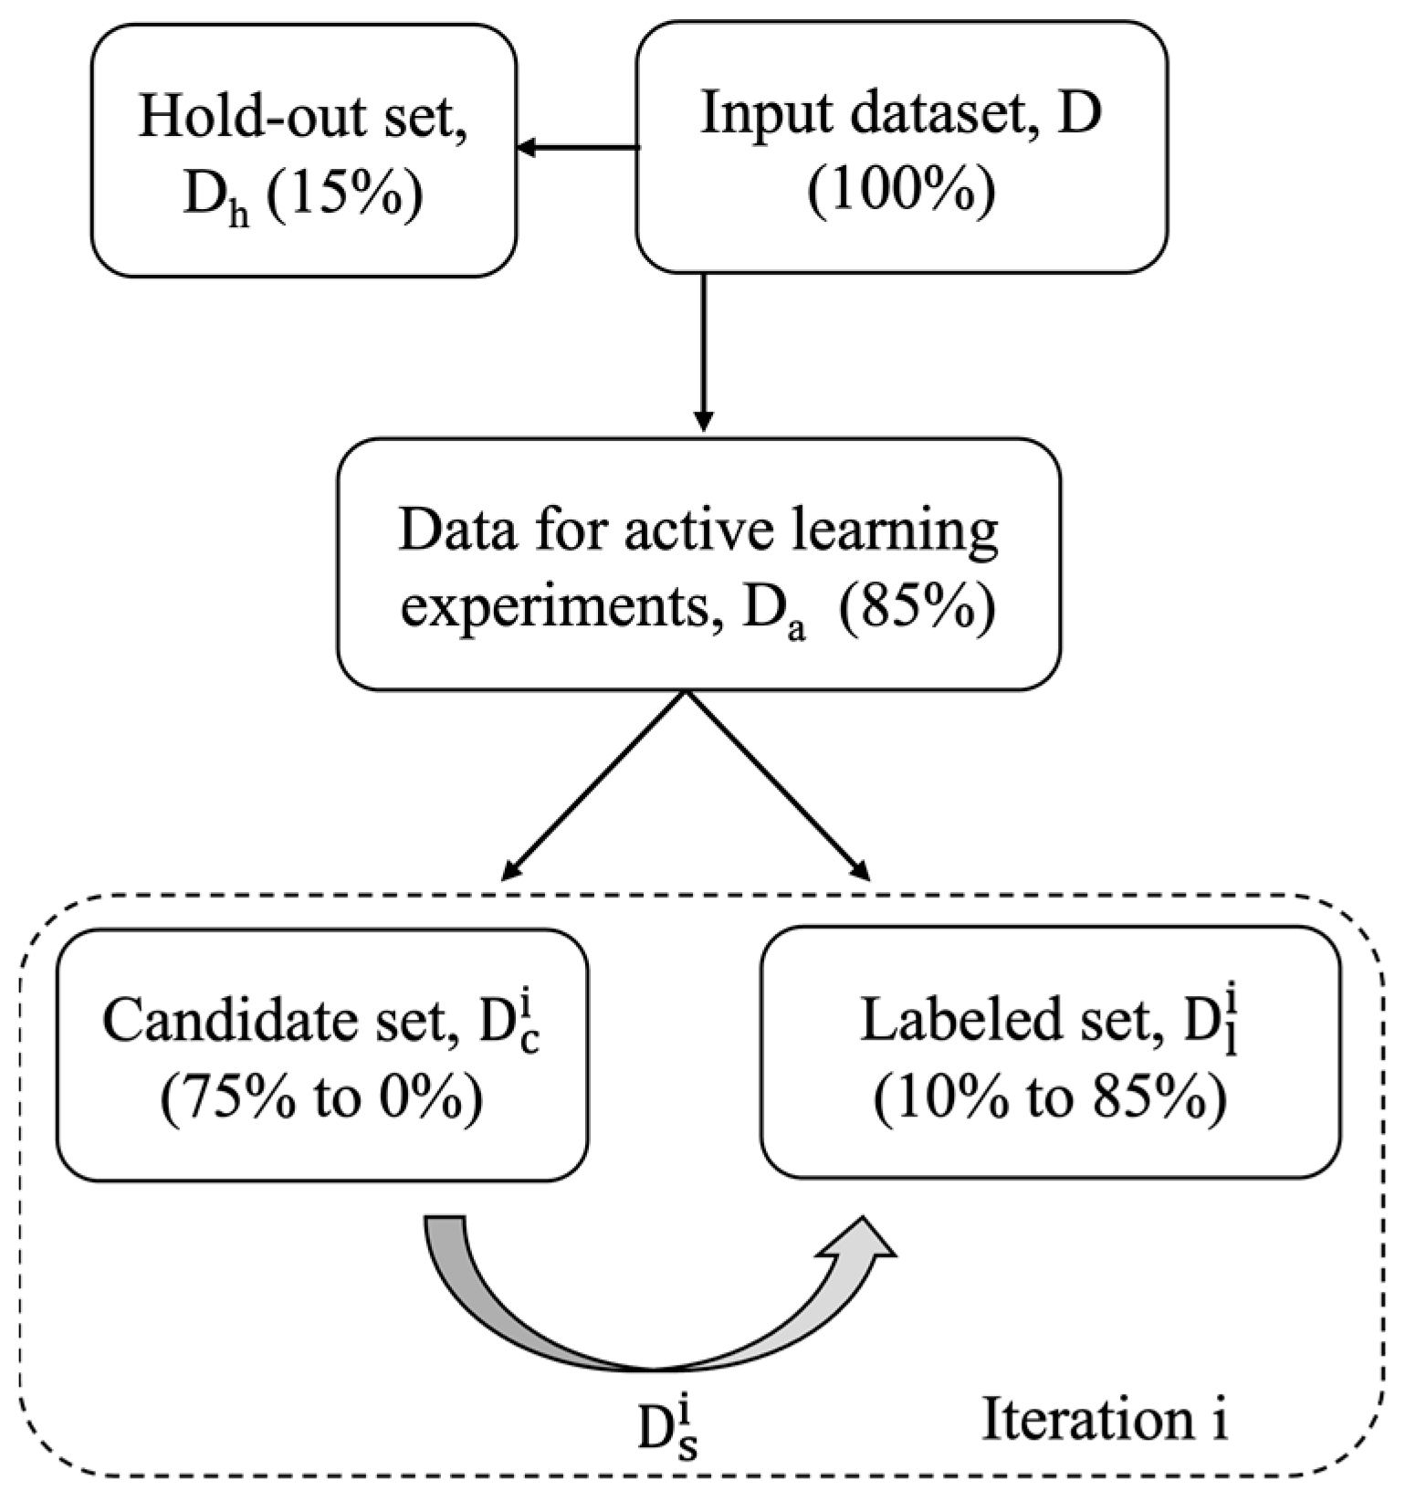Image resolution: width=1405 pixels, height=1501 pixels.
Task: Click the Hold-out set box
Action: coord(304,151)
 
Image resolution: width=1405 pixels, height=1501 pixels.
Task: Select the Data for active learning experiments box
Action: coord(698,564)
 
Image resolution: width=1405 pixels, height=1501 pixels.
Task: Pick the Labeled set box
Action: coord(1051,1053)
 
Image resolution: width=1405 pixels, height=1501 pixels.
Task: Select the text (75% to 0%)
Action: coord(321,1099)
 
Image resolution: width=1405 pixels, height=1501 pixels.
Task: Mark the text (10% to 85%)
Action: coord(1050,1098)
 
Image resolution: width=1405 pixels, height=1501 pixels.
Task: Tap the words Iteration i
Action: coord(1104,1421)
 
